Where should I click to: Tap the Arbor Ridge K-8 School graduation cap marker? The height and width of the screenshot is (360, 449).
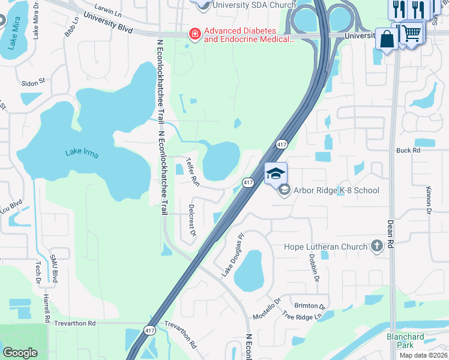pyautogui.click(x=276, y=174)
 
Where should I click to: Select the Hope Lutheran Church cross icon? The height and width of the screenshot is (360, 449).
pyautogui.click(x=376, y=245)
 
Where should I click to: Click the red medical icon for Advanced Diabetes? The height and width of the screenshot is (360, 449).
pyautogui.click(x=194, y=35)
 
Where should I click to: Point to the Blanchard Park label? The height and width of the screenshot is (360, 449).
pyautogui.click(x=405, y=341)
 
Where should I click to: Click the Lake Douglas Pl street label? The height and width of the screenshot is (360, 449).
pyautogui.click(x=234, y=254)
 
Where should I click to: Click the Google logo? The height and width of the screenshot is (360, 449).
pyautogui.click(x=20, y=353)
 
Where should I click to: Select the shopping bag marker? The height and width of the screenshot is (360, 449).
pyautogui.click(x=387, y=40)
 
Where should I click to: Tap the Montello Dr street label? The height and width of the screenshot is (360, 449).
pyautogui.click(x=267, y=308)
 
